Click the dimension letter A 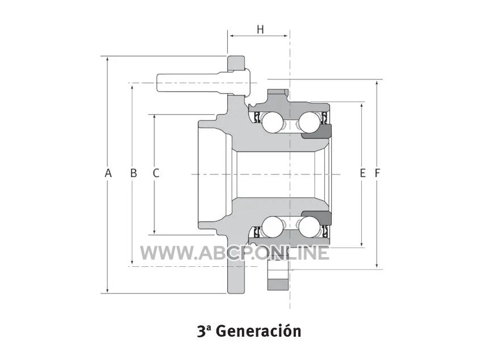point(108,173)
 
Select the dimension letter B point(133,173)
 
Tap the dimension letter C point(156,173)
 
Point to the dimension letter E point(362,173)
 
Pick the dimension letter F point(377,173)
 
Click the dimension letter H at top point(260,30)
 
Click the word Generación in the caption point(260,331)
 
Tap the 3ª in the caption point(204,331)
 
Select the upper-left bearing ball point(272,122)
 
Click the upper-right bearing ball point(309,122)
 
